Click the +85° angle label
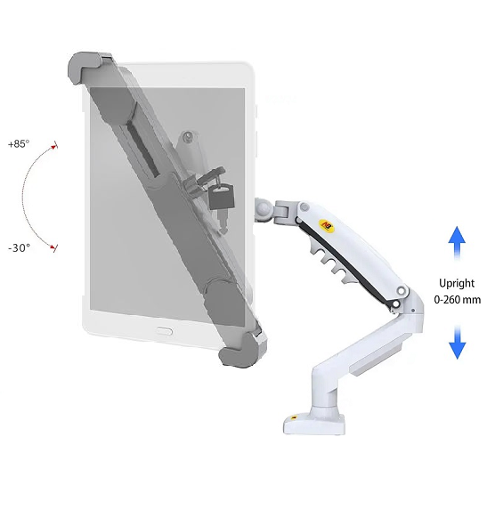(x=19, y=144)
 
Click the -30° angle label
(x=20, y=247)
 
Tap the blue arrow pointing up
(x=457, y=242)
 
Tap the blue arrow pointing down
(x=458, y=343)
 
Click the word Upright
(x=457, y=283)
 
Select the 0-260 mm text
(x=458, y=300)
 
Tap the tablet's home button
(x=164, y=331)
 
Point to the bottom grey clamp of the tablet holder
(x=243, y=352)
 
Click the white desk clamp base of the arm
(x=314, y=423)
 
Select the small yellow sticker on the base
(x=294, y=417)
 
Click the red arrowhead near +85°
(x=54, y=147)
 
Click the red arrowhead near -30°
(x=53, y=247)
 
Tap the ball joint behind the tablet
(x=264, y=209)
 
